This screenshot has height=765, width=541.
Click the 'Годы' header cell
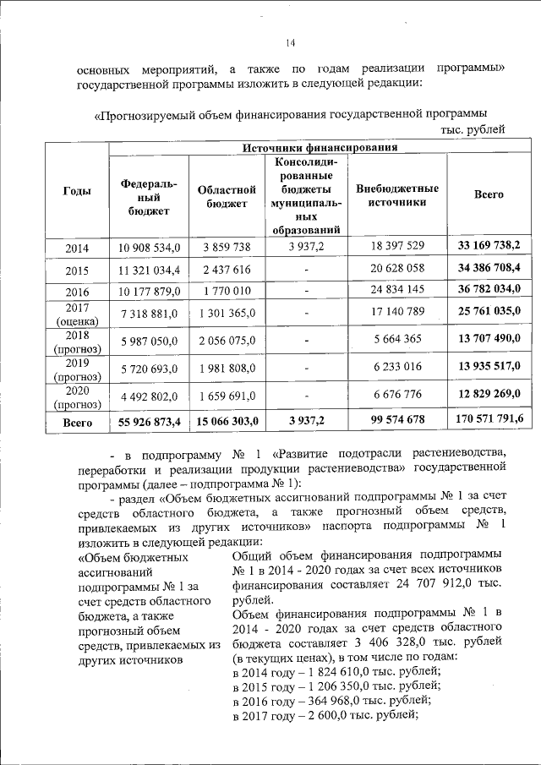[78, 191]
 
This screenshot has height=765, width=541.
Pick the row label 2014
[78, 246]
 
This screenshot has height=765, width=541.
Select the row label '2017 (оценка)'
[78, 314]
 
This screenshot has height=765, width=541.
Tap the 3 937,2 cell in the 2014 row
[306, 246]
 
